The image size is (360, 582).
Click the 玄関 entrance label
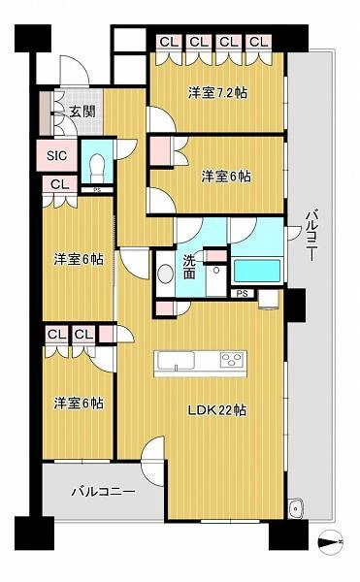point(82,112)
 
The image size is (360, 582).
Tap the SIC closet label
point(57,155)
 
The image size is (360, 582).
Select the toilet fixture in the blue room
point(97,167)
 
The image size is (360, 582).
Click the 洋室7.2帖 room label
point(217,92)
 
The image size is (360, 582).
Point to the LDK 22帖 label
point(216,410)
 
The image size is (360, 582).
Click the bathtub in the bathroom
point(257,271)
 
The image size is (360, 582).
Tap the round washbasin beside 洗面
point(166,274)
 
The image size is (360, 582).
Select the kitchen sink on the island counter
point(176,361)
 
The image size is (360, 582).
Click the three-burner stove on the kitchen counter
point(233,359)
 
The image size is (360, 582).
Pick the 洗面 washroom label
point(189,267)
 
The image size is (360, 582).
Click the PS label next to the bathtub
point(243,294)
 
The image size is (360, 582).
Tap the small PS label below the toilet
point(97,190)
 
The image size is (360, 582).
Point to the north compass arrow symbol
point(331,542)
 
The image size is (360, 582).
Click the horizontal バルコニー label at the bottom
point(103,492)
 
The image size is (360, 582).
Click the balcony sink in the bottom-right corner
point(297,506)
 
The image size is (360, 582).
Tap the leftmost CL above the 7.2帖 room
point(169,43)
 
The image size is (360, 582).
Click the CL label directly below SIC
point(60,184)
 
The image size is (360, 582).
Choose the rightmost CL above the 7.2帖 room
point(258,43)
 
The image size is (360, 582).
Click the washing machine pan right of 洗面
point(216,280)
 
